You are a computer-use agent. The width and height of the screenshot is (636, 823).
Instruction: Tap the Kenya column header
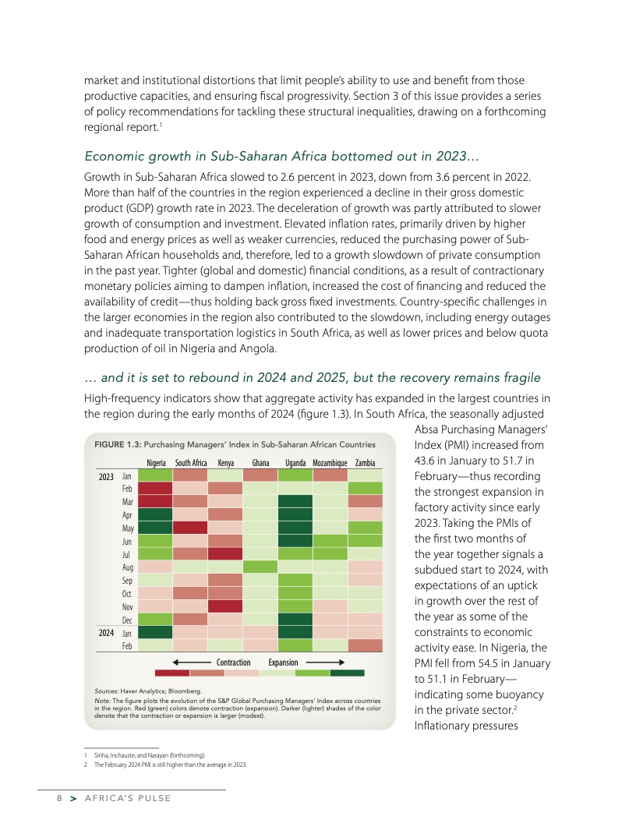click(226, 463)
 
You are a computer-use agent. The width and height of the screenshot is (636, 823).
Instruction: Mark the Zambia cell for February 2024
click(365, 645)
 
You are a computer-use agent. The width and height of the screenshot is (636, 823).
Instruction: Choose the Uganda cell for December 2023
click(295, 619)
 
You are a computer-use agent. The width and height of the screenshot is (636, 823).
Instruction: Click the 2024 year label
click(106, 632)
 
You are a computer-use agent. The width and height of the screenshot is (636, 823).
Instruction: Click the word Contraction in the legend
click(233, 662)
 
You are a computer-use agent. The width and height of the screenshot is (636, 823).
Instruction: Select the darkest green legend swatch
click(347, 673)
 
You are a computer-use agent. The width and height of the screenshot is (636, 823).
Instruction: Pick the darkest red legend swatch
click(172, 673)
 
